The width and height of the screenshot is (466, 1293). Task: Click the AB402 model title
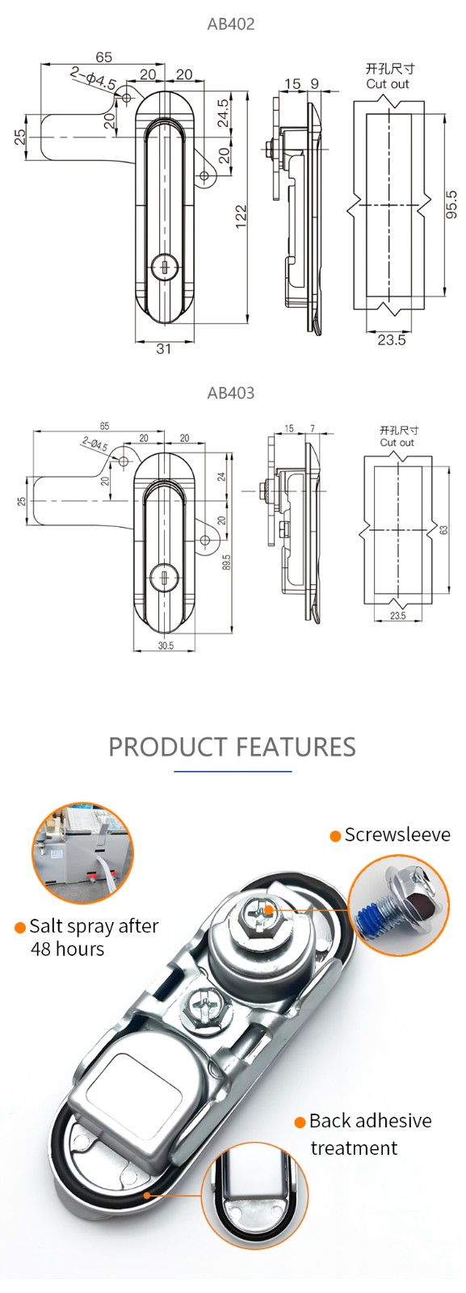231,24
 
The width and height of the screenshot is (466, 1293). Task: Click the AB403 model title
231,393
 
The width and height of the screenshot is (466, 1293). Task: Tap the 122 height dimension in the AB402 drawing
241,217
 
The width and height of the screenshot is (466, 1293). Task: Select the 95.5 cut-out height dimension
451,204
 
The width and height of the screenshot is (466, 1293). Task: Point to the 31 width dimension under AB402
164,348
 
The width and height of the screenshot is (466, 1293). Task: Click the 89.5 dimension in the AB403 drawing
227,562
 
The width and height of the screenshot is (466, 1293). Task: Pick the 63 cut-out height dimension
443,529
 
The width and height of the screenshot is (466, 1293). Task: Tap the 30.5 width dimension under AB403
166,646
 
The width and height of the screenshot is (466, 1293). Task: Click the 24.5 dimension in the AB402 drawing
223,113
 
